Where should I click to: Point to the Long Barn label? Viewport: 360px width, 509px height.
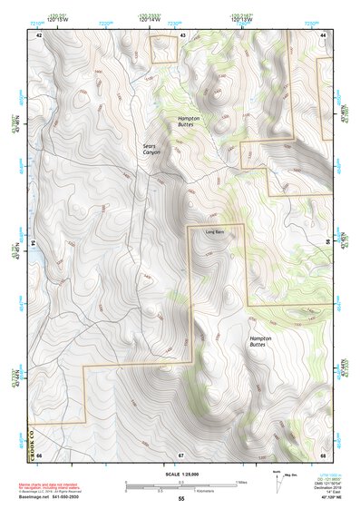213,231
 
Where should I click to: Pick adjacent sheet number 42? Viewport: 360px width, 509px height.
39,34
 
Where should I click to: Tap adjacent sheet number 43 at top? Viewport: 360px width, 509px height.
183,34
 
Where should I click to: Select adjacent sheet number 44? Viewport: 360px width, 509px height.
324,34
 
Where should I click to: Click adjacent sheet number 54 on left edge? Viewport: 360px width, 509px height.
34,243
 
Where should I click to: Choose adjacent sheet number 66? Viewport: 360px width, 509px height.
39,454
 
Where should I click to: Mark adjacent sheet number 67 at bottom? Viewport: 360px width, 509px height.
181,454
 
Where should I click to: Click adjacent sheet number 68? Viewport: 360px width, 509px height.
323,454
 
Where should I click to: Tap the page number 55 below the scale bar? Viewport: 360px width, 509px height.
181,499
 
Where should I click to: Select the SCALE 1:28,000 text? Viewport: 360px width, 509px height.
181,475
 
